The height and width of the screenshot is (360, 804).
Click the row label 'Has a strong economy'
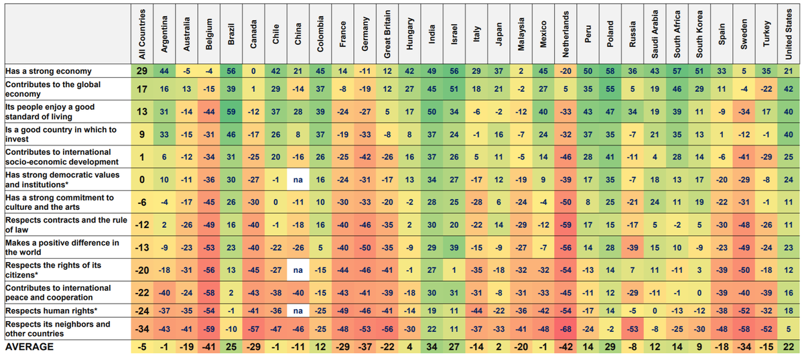tap(49, 71)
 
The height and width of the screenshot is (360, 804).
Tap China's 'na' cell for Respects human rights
tap(298, 310)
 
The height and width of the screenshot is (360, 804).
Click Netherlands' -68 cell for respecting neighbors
tap(566, 328)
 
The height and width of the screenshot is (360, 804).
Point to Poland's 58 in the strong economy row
tap(610, 71)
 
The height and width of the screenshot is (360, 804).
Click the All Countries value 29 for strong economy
tap(141, 71)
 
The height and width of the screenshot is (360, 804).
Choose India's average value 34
tap(432, 347)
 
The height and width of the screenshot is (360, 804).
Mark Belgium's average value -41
tap(209, 347)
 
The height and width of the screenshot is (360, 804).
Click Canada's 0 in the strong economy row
tap(253, 71)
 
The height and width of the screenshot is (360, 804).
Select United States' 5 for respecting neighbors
tap(790, 328)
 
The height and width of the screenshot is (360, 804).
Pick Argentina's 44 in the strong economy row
tap(164, 71)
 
